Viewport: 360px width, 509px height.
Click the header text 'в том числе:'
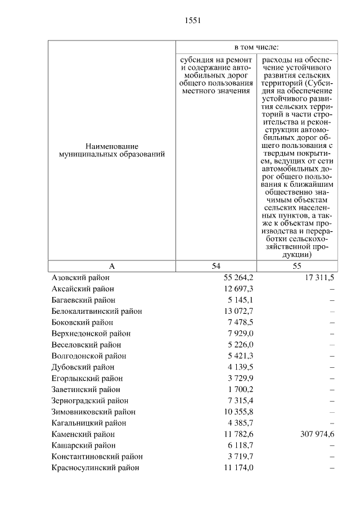256,47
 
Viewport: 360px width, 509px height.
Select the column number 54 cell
216,266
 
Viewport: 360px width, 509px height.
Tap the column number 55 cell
297,266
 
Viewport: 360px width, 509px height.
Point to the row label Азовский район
80,278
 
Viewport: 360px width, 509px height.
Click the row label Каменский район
83,434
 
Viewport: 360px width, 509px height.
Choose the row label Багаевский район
83,300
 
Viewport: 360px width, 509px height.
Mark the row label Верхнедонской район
91,334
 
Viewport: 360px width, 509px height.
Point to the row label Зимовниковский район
93,412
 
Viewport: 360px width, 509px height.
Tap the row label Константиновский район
97,456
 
